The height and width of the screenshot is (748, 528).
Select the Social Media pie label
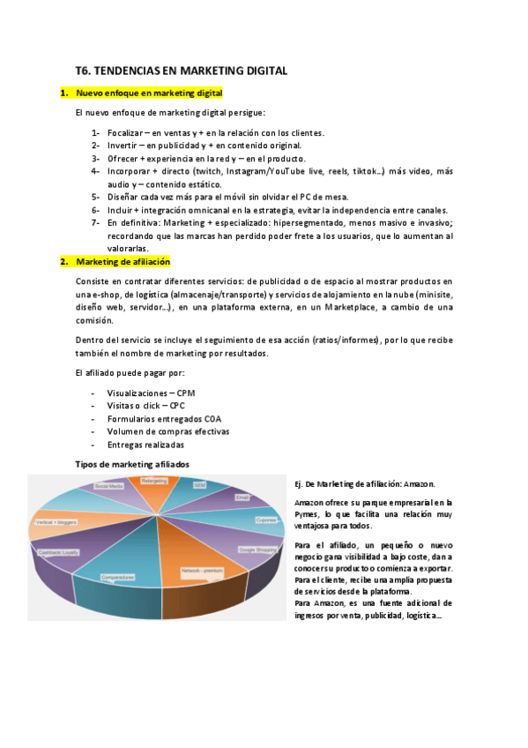click(109, 486)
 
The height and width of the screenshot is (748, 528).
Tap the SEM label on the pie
click(199, 485)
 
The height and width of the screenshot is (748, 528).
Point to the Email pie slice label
click(242, 497)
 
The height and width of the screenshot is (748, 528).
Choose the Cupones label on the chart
click(266, 520)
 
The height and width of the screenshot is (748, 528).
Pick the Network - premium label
click(202, 571)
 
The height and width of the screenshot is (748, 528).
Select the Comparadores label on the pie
click(117, 577)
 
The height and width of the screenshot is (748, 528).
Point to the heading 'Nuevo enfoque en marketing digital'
click(149, 93)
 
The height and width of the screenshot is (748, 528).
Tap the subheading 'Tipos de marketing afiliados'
click(132, 463)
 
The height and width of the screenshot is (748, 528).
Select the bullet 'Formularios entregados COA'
click(164, 418)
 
